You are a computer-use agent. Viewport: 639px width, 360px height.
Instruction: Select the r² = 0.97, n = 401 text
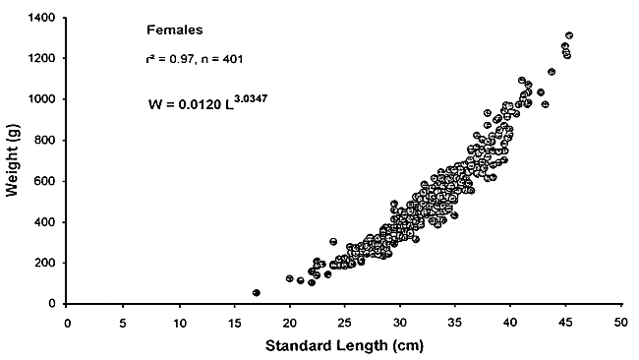188,60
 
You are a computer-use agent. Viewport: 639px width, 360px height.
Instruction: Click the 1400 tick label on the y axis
42,19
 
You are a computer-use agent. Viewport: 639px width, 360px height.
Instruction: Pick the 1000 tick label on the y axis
42,100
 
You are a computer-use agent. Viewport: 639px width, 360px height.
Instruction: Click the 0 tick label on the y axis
53,304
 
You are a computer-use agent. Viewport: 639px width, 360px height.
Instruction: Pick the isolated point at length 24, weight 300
333,242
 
